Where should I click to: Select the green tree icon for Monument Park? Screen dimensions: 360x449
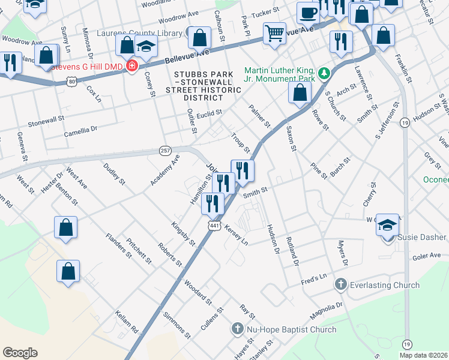click(324, 73)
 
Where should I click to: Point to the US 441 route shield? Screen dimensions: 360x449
click(214, 225)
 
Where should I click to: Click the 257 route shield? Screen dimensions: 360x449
click(166, 149)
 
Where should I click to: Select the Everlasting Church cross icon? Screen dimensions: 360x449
click(341, 284)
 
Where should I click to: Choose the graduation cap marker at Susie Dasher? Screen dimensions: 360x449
click(387, 226)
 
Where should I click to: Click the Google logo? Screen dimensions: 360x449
click(20, 353)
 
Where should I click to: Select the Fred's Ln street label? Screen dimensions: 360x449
click(313, 278)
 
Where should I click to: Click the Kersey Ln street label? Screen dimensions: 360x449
click(236, 235)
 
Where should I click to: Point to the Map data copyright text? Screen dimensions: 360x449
click(423, 355)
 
